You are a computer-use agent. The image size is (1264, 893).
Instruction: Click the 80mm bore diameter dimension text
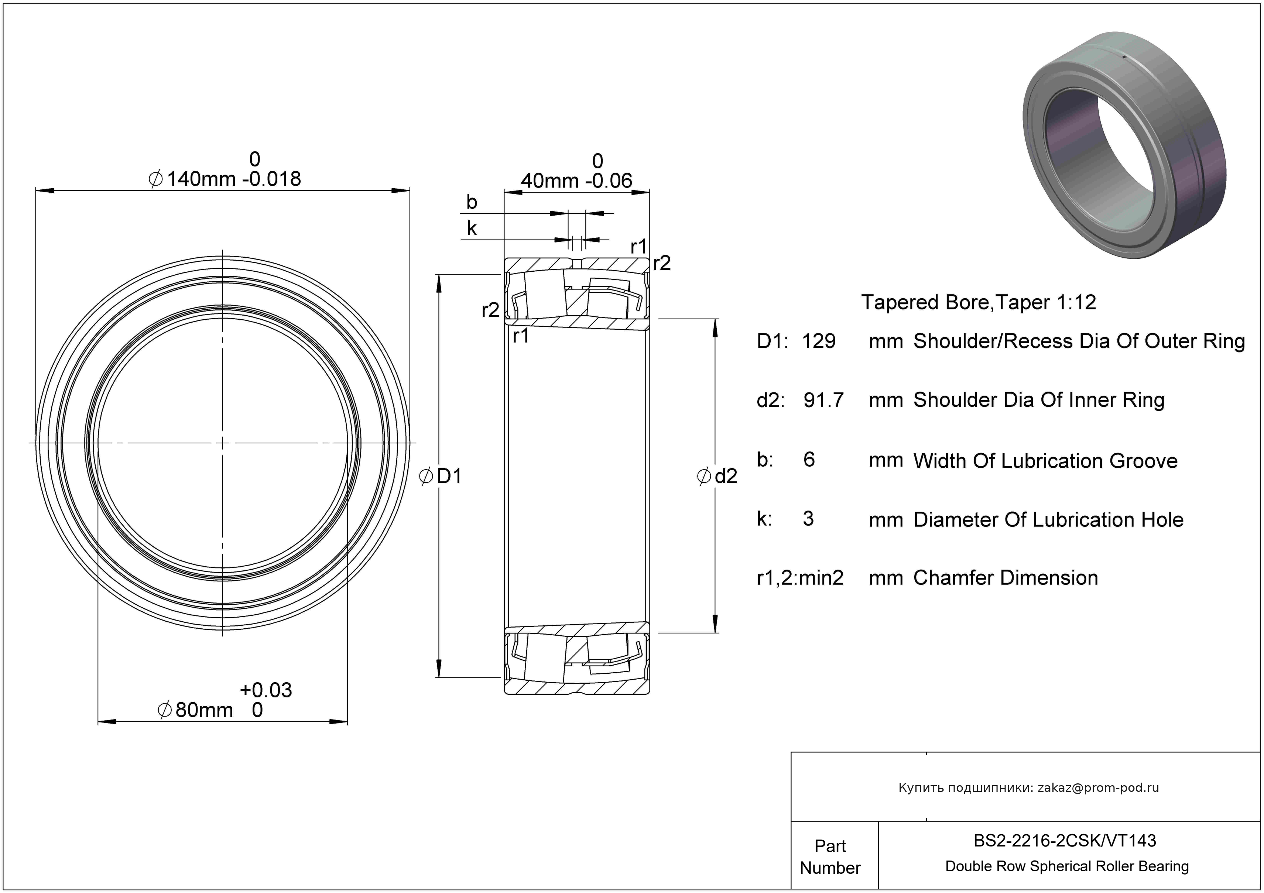coord(204,710)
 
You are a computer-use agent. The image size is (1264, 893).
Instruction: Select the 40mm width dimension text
coord(549,181)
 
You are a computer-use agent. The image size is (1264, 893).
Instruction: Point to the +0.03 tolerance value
coord(266,690)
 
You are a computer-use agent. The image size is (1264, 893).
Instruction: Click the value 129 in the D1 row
coord(819,341)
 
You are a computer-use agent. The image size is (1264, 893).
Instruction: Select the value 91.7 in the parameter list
coord(823,400)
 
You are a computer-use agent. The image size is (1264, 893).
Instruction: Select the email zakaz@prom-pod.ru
coord(1098,787)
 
